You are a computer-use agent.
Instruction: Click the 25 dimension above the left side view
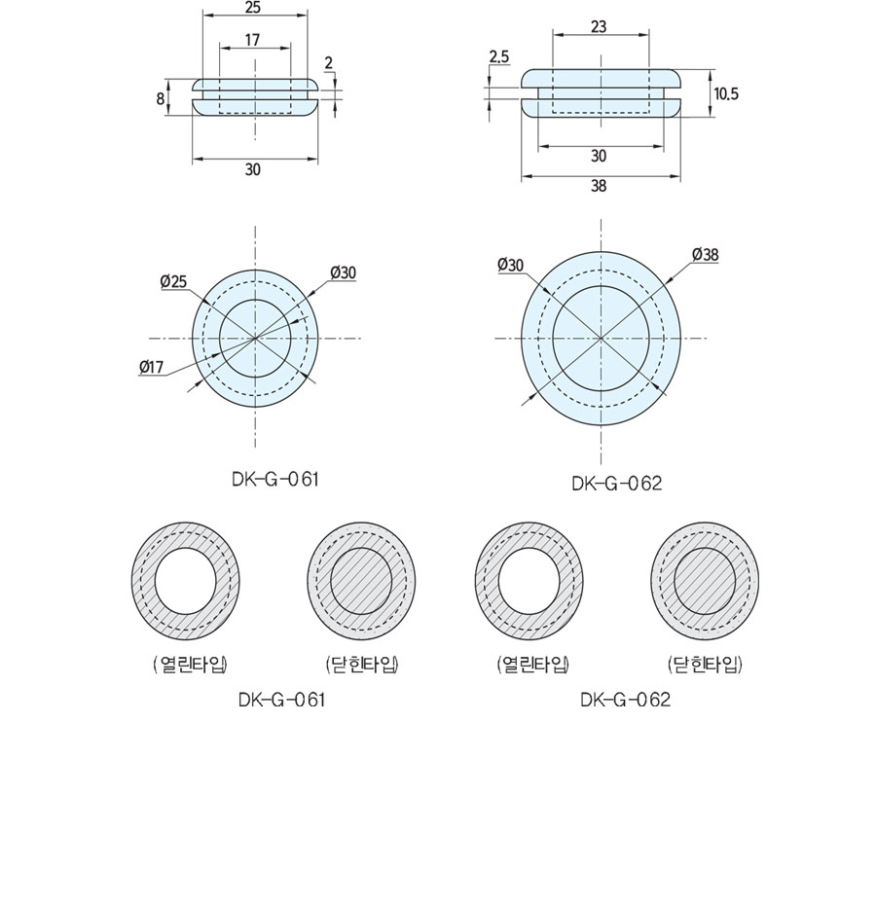pos(252,8)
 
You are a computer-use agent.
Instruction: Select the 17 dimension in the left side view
pos(252,40)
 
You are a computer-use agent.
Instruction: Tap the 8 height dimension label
pos(160,99)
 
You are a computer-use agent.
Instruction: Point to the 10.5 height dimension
pos(726,93)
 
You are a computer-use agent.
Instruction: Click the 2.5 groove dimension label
pos(499,57)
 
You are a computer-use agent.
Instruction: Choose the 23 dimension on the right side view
pos(599,26)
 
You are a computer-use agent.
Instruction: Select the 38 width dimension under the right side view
pos(599,186)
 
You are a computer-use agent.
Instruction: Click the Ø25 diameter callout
pos(174,281)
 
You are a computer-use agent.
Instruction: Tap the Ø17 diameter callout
pos(152,367)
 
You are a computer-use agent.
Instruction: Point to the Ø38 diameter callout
pos(706,255)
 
